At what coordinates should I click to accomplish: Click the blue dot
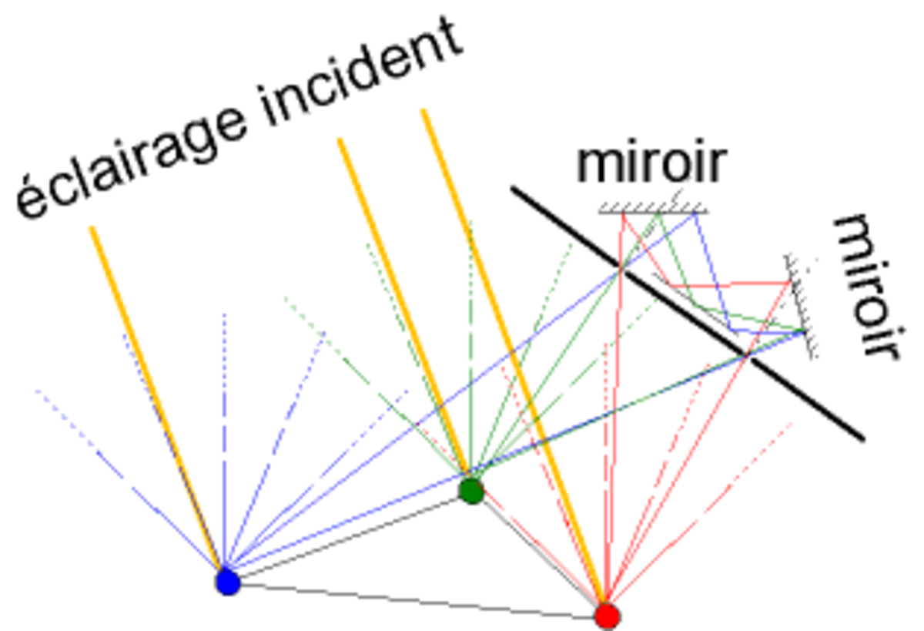click(228, 582)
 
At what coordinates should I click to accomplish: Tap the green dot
click(471, 491)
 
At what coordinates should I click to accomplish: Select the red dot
click(608, 616)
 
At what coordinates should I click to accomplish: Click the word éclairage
click(132, 161)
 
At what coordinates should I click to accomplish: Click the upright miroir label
click(651, 163)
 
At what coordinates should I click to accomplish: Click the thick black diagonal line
click(688, 314)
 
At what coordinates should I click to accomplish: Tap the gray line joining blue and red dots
click(417, 601)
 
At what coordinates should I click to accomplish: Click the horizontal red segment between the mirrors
click(729, 284)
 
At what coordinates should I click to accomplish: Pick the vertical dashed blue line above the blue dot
click(224, 439)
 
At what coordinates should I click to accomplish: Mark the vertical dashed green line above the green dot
click(470, 350)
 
